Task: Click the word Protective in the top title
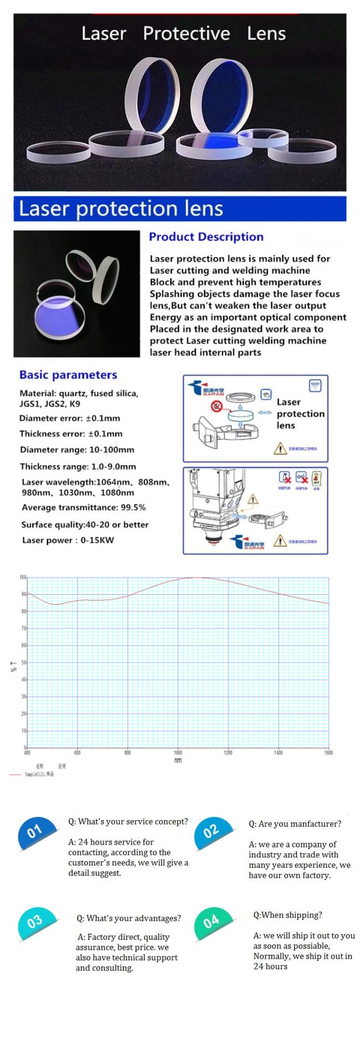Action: click(x=186, y=34)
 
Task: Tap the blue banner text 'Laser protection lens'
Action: click(x=121, y=208)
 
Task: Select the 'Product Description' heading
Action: click(x=206, y=237)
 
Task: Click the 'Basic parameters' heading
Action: click(x=68, y=375)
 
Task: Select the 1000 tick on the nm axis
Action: click(x=178, y=753)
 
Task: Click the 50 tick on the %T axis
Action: click(x=23, y=662)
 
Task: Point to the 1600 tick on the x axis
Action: click(x=328, y=753)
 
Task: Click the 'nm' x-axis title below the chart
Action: click(x=178, y=760)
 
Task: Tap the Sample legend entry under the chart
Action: click(x=39, y=774)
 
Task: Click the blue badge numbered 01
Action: click(x=35, y=831)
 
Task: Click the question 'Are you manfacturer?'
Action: click(x=295, y=823)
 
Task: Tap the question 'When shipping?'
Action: click(x=287, y=915)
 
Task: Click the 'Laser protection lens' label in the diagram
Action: click(x=300, y=414)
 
